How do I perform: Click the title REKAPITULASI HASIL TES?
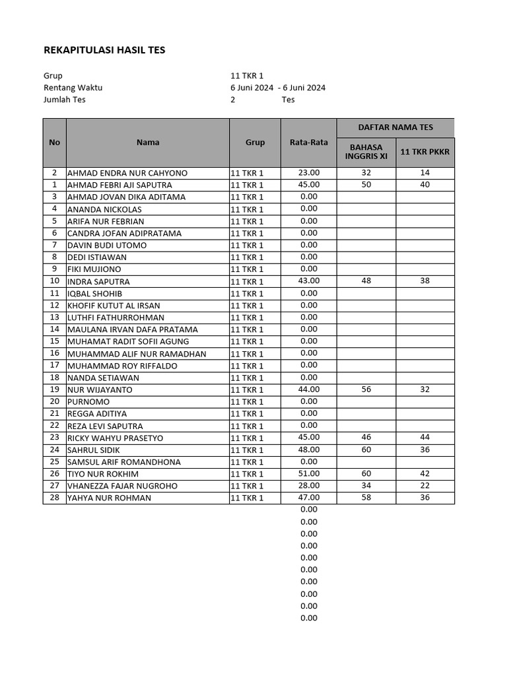pos(104,50)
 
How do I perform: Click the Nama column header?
pos(148,142)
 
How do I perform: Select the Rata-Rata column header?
pos(308,142)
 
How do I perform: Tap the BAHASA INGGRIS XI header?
pos(366,152)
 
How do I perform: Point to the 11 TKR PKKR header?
pos(425,152)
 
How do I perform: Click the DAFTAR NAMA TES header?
pos(395,127)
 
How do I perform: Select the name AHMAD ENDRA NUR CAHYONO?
pos(127,173)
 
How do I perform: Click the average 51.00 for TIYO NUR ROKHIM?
pos(308,473)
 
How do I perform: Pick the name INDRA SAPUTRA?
pos(98,281)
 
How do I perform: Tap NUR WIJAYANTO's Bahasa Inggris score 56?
pos(366,389)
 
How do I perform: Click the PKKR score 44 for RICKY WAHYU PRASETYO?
pos(425,438)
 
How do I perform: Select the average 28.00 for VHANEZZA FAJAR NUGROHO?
pos(308,485)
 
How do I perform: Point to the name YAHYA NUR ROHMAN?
pos(109,498)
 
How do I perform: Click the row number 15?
pos(54,341)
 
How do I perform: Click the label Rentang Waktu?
pos(73,88)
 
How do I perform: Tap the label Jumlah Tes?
pos(64,100)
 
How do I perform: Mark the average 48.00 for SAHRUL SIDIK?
pos(308,450)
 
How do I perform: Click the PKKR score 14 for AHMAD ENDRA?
pos(425,173)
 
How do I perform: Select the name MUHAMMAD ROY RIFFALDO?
pos(122,365)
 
